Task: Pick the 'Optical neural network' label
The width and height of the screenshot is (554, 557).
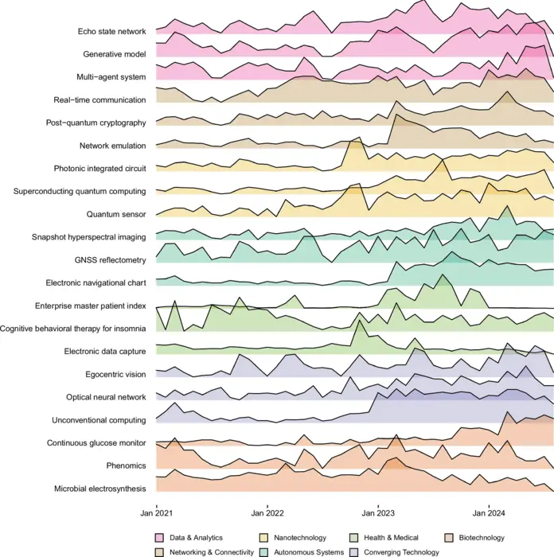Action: (x=106, y=396)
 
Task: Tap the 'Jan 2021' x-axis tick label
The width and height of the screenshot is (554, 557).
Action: (x=156, y=513)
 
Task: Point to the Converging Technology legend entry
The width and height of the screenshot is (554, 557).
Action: (x=400, y=551)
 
